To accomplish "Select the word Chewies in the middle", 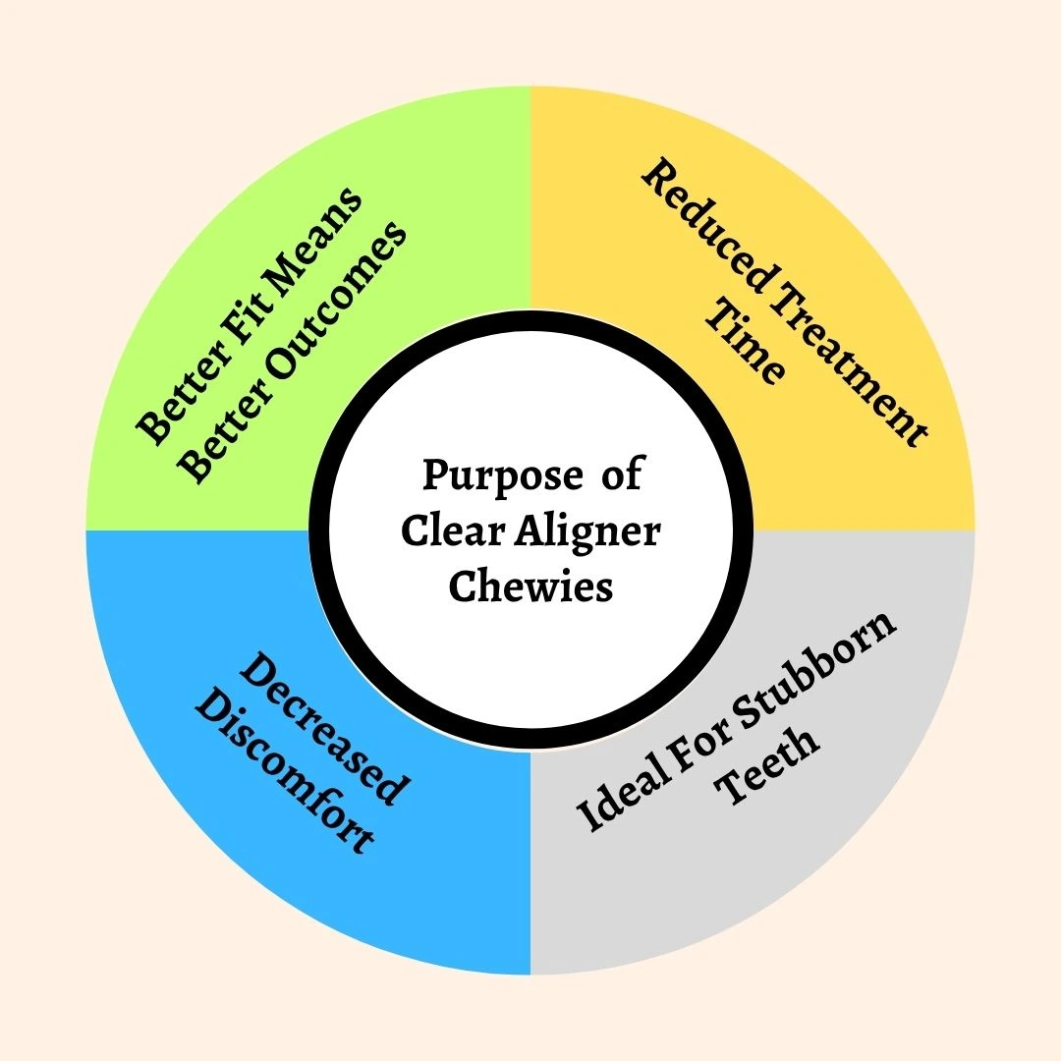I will [530, 586].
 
